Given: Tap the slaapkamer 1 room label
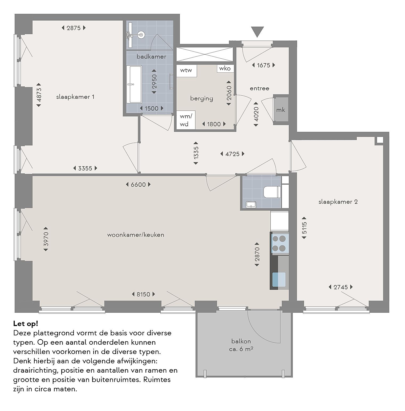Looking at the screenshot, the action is point(75,97).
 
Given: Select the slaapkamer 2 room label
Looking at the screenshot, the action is point(338,202).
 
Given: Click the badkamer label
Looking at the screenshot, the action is point(151,56).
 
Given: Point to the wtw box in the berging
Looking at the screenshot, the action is point(187,71).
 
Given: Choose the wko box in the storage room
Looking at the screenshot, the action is point(225,68).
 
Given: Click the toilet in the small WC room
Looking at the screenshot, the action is point(272,192).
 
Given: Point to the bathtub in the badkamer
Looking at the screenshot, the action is point(135,84).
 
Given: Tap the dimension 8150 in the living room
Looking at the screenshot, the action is point(143,294).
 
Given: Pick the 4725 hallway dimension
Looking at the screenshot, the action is point(232,154).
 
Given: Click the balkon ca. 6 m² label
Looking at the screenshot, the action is point(241,345).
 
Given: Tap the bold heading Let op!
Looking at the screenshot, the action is point(26,324).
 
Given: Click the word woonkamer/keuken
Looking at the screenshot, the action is point(136,235).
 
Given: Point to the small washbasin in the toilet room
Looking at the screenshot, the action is point(251,204).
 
